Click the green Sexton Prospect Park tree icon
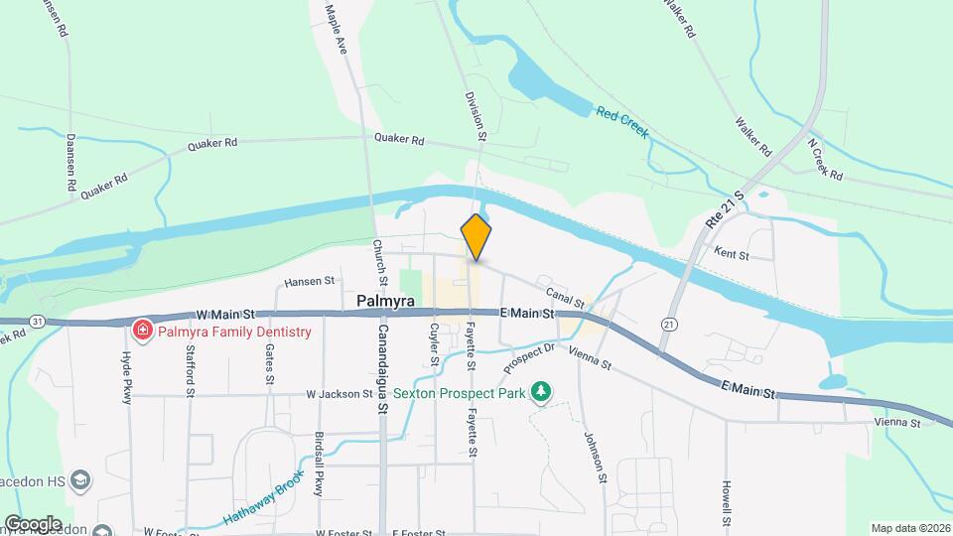(540, 392)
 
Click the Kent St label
(757, 255)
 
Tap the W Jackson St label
(340, 394)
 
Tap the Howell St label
(727, 504)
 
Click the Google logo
(33, 523)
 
